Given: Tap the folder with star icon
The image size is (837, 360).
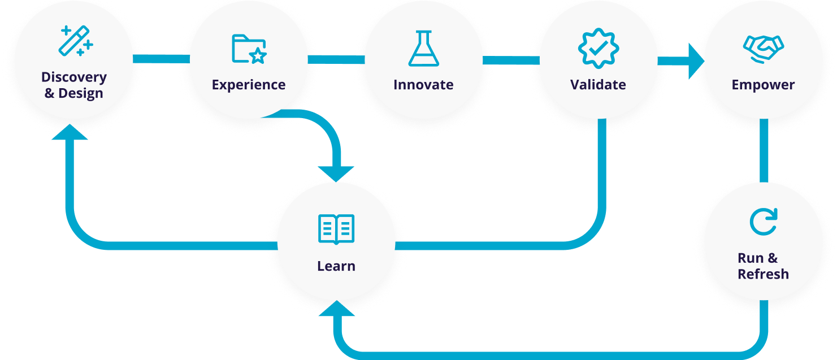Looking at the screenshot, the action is tap(249, 49).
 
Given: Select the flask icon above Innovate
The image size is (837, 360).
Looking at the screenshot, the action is tap(423, 48).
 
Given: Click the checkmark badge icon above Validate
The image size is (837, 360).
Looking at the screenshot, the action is tap(599, 48).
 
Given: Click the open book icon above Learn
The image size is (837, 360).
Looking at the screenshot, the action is tap(336, 229).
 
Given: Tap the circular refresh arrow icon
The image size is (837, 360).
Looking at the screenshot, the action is tap(764, 222).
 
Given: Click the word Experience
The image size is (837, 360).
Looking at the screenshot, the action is tap(249, 85).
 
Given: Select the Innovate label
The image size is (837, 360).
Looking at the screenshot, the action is tap(423, 85).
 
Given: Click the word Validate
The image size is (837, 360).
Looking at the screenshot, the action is tap(598, 85).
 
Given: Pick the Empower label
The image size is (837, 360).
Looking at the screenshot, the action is tap(763, 85).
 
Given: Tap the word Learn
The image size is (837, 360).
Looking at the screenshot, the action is tap(336, 266).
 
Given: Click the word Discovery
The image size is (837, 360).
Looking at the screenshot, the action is tap(74, 77).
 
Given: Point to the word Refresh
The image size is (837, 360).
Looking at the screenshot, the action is tap(763, 274).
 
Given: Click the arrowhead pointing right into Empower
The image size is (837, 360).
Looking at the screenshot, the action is tap(696, 61).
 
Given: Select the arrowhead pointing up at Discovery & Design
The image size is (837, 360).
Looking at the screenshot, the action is tap(70, 132).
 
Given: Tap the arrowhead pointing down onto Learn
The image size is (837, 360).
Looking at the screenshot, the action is tap(336, 174).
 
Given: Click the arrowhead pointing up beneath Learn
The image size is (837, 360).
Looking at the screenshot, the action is tap(337, 309).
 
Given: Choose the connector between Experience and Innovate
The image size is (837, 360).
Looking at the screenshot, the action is tap(336, 59).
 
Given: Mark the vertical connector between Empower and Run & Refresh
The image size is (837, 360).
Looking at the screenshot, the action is tap(764, 151).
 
